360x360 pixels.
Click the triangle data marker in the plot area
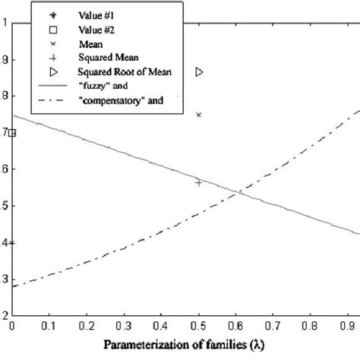200,71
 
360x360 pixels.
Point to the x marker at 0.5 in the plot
199,115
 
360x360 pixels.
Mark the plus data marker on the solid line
199,182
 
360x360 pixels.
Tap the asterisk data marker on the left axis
11,243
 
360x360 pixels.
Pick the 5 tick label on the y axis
5,206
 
